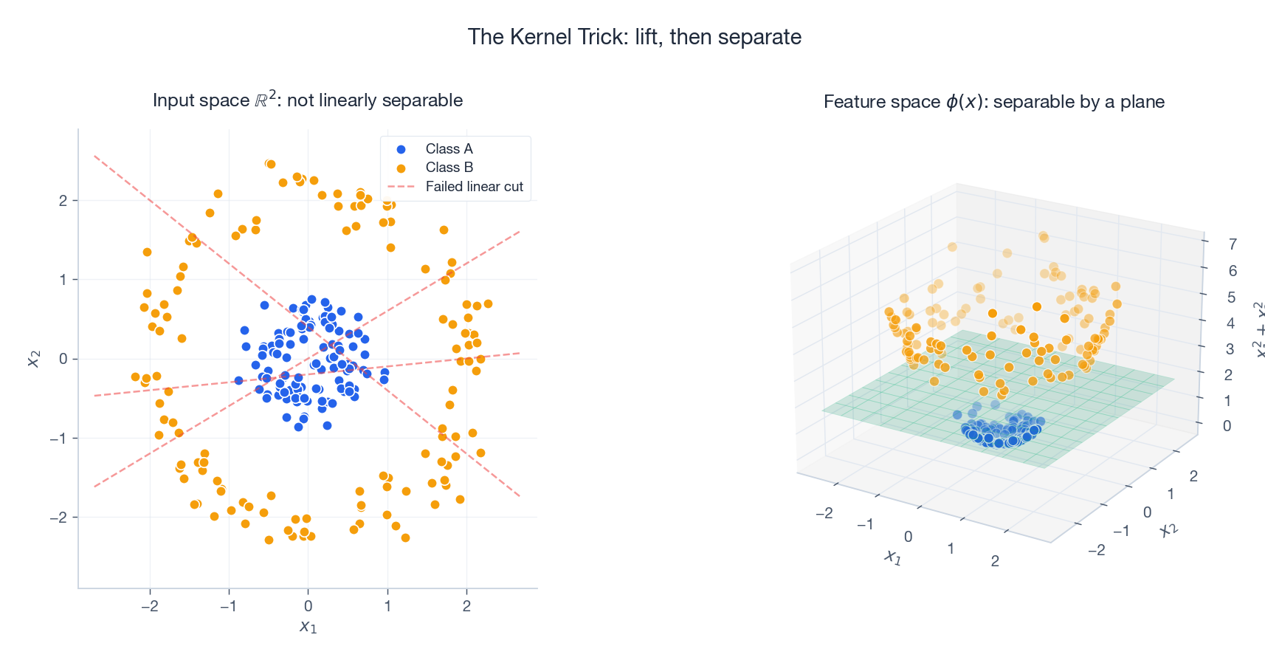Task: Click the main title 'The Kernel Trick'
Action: tap(634, 37)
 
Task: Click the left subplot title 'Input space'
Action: tap(307, 100)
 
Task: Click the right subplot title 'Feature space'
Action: tap(993, 102)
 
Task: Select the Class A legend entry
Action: tap(448, 149)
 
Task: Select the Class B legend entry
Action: tap(448, 168)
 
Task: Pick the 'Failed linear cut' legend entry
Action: tap(473, 187)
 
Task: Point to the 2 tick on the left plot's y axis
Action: tap(63, 201)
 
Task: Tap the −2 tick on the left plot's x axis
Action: tap(149, 606)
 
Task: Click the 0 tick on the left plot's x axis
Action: tap(308, 606)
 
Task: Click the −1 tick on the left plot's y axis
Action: tap(58, 439)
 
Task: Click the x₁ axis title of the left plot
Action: tap(308, 628)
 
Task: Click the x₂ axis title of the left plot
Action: tap(33, 359)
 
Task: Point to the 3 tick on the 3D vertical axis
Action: tap(1230, 348)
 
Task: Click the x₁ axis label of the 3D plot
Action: tap(893, 557)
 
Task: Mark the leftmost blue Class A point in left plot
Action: tap(238, 381)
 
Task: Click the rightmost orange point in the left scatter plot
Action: tap(488, 304)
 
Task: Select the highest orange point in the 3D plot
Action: tap(1043, 236)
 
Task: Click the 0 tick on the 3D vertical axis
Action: tap(1227, 426)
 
